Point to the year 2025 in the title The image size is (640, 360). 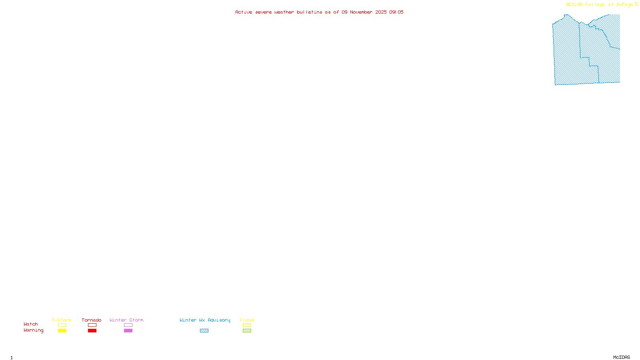(381, 12)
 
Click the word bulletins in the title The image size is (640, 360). (310, 12)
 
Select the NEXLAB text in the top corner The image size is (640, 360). (574, 4)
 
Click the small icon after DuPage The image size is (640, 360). (636, 4)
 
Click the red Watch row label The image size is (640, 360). (31, 324)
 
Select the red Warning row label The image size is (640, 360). (33, 330)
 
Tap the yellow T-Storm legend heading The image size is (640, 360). (62, 320)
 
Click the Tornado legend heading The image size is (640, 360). (92, 320)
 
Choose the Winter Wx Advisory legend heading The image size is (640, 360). (205, 320)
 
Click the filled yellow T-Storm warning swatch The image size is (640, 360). (62, 331)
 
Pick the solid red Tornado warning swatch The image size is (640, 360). (92, 331)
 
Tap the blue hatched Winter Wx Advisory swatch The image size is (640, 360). (204, 331)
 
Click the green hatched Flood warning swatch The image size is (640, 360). (247, 331)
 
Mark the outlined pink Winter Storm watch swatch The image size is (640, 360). (128, 325)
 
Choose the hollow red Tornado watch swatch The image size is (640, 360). (92, 325)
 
